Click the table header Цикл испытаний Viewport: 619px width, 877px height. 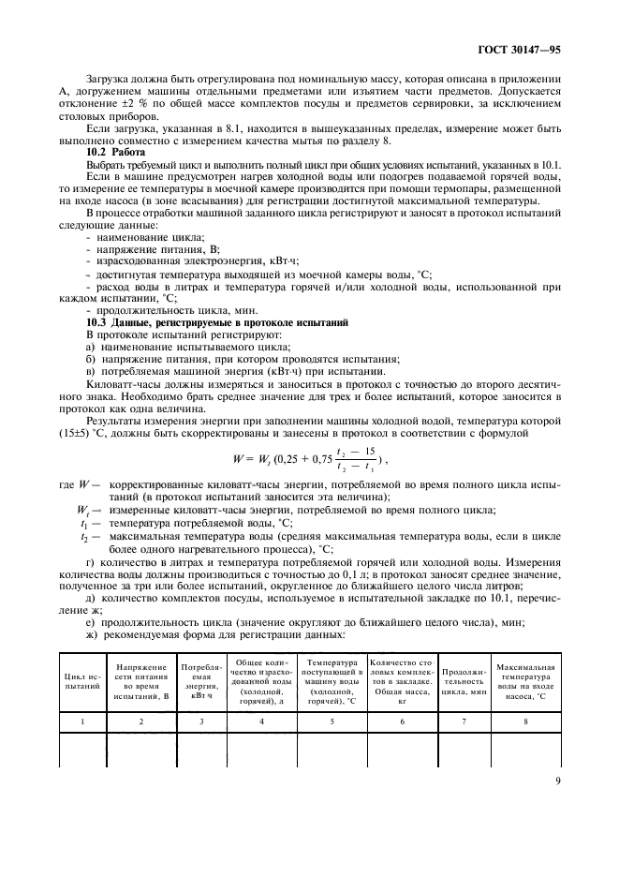(x=81, y=680)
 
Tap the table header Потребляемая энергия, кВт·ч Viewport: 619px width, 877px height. (x=202, y=680)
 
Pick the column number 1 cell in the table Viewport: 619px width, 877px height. (x=81, y=721)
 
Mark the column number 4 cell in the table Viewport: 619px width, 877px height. (x=261, y=721)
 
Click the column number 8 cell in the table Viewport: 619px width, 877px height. (x=526, y=721)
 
